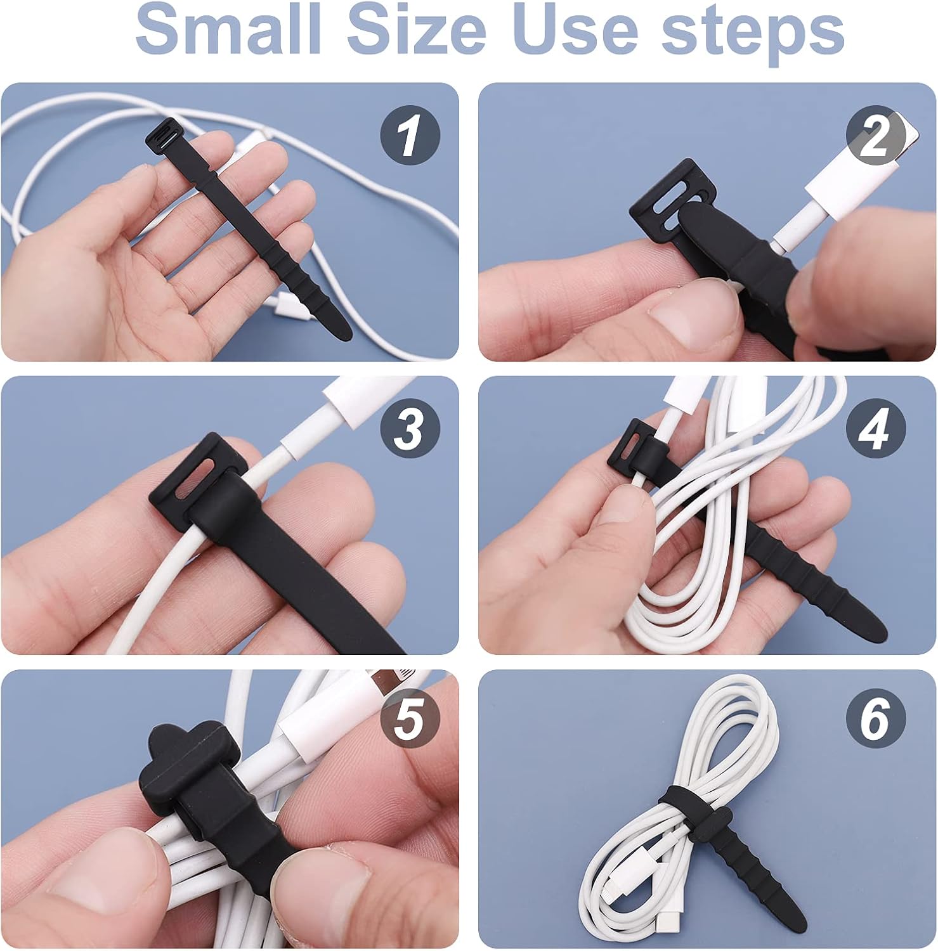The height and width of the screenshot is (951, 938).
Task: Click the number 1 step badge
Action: click(x=410, y=136)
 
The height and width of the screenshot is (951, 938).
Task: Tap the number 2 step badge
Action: click(x=876, y=136)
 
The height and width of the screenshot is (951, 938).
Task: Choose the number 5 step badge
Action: click(x=410, y=719)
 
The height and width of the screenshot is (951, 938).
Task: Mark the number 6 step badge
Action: click(x=876, y=719)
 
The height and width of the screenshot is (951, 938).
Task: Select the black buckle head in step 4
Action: click(x=634, y=450)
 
